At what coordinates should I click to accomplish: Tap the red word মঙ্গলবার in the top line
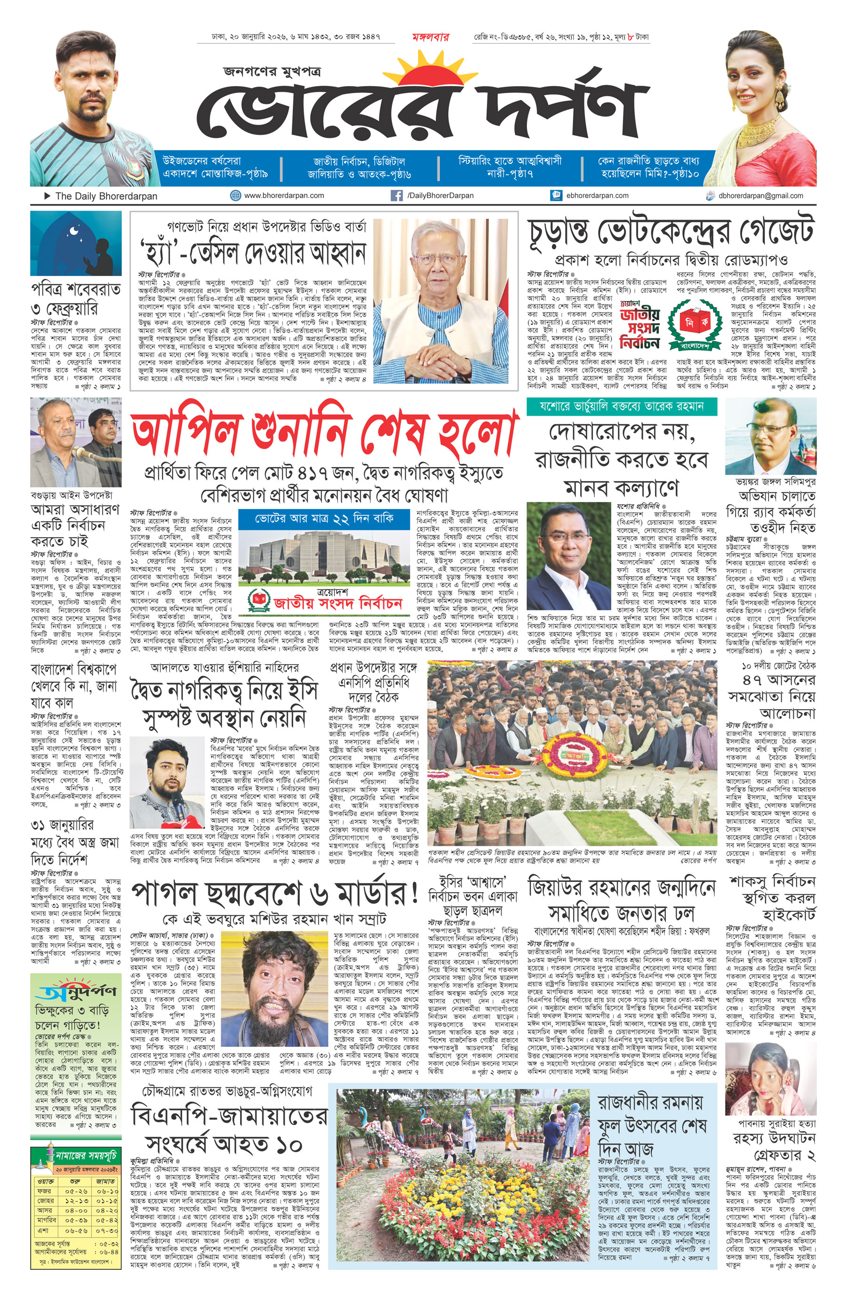pos(430,37)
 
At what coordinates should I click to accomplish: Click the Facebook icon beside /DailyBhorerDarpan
pos(397,196)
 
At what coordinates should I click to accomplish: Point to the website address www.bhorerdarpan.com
pos(284,196)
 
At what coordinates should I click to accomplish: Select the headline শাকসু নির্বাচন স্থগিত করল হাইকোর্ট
pos(772,897)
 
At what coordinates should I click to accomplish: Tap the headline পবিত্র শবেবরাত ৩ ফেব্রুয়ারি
pos(75,299)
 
